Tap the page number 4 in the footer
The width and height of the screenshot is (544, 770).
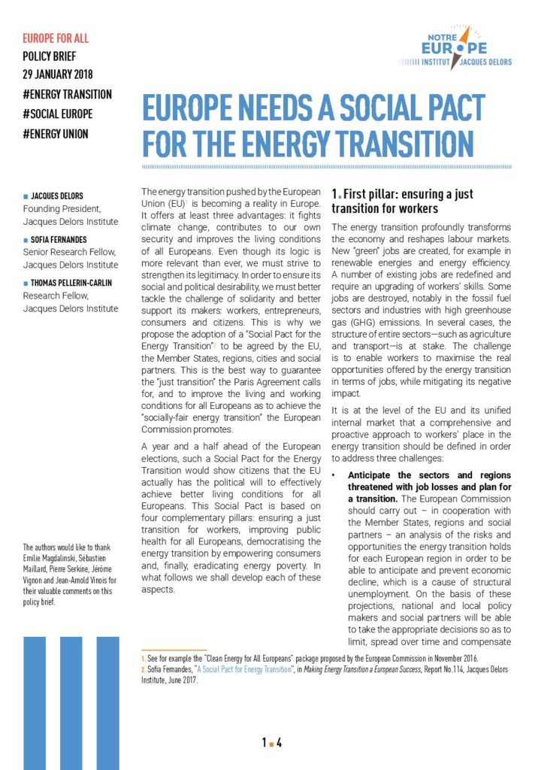click(x=279, y=743)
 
